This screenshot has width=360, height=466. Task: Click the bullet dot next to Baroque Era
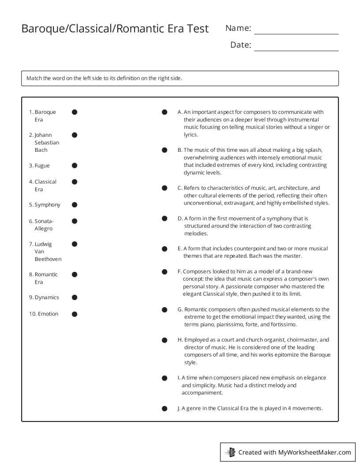tap(75, 112)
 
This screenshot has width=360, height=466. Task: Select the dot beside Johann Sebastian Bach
tap(75, 135)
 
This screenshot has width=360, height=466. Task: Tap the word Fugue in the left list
tap(42, 166)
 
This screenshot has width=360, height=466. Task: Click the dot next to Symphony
tap(75, 205)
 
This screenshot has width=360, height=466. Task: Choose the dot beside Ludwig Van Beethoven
tap(75, 244)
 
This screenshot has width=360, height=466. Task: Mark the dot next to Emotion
tap(75, 314)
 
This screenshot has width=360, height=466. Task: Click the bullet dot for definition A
tap(165, 112)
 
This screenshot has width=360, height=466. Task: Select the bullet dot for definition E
tap(165, 249)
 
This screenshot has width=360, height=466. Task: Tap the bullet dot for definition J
tap(165, 409)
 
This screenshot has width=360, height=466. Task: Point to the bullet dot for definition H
tap(165, 340)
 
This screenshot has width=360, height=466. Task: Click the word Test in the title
tap(198, 29)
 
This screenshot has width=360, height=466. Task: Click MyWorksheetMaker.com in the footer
tap(315, 452)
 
